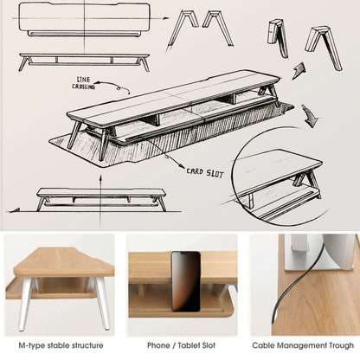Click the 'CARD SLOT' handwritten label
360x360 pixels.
point(205,172)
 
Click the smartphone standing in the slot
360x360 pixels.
point(186,281)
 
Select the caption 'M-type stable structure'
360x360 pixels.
point(61,345)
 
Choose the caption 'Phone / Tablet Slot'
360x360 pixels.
point(181,345)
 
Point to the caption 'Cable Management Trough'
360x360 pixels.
point(303,345)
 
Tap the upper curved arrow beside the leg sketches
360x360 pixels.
point(299,71)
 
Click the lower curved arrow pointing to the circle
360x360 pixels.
point(310,116)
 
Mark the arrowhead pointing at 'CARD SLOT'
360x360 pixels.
point(181,166)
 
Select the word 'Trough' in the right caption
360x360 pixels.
point(343,345)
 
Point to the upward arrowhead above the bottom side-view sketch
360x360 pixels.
point(100,178)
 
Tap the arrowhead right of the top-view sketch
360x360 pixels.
point(165,18)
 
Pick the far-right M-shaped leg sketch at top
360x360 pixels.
point(324,48)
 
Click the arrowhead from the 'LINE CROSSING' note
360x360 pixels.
point(129,92)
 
